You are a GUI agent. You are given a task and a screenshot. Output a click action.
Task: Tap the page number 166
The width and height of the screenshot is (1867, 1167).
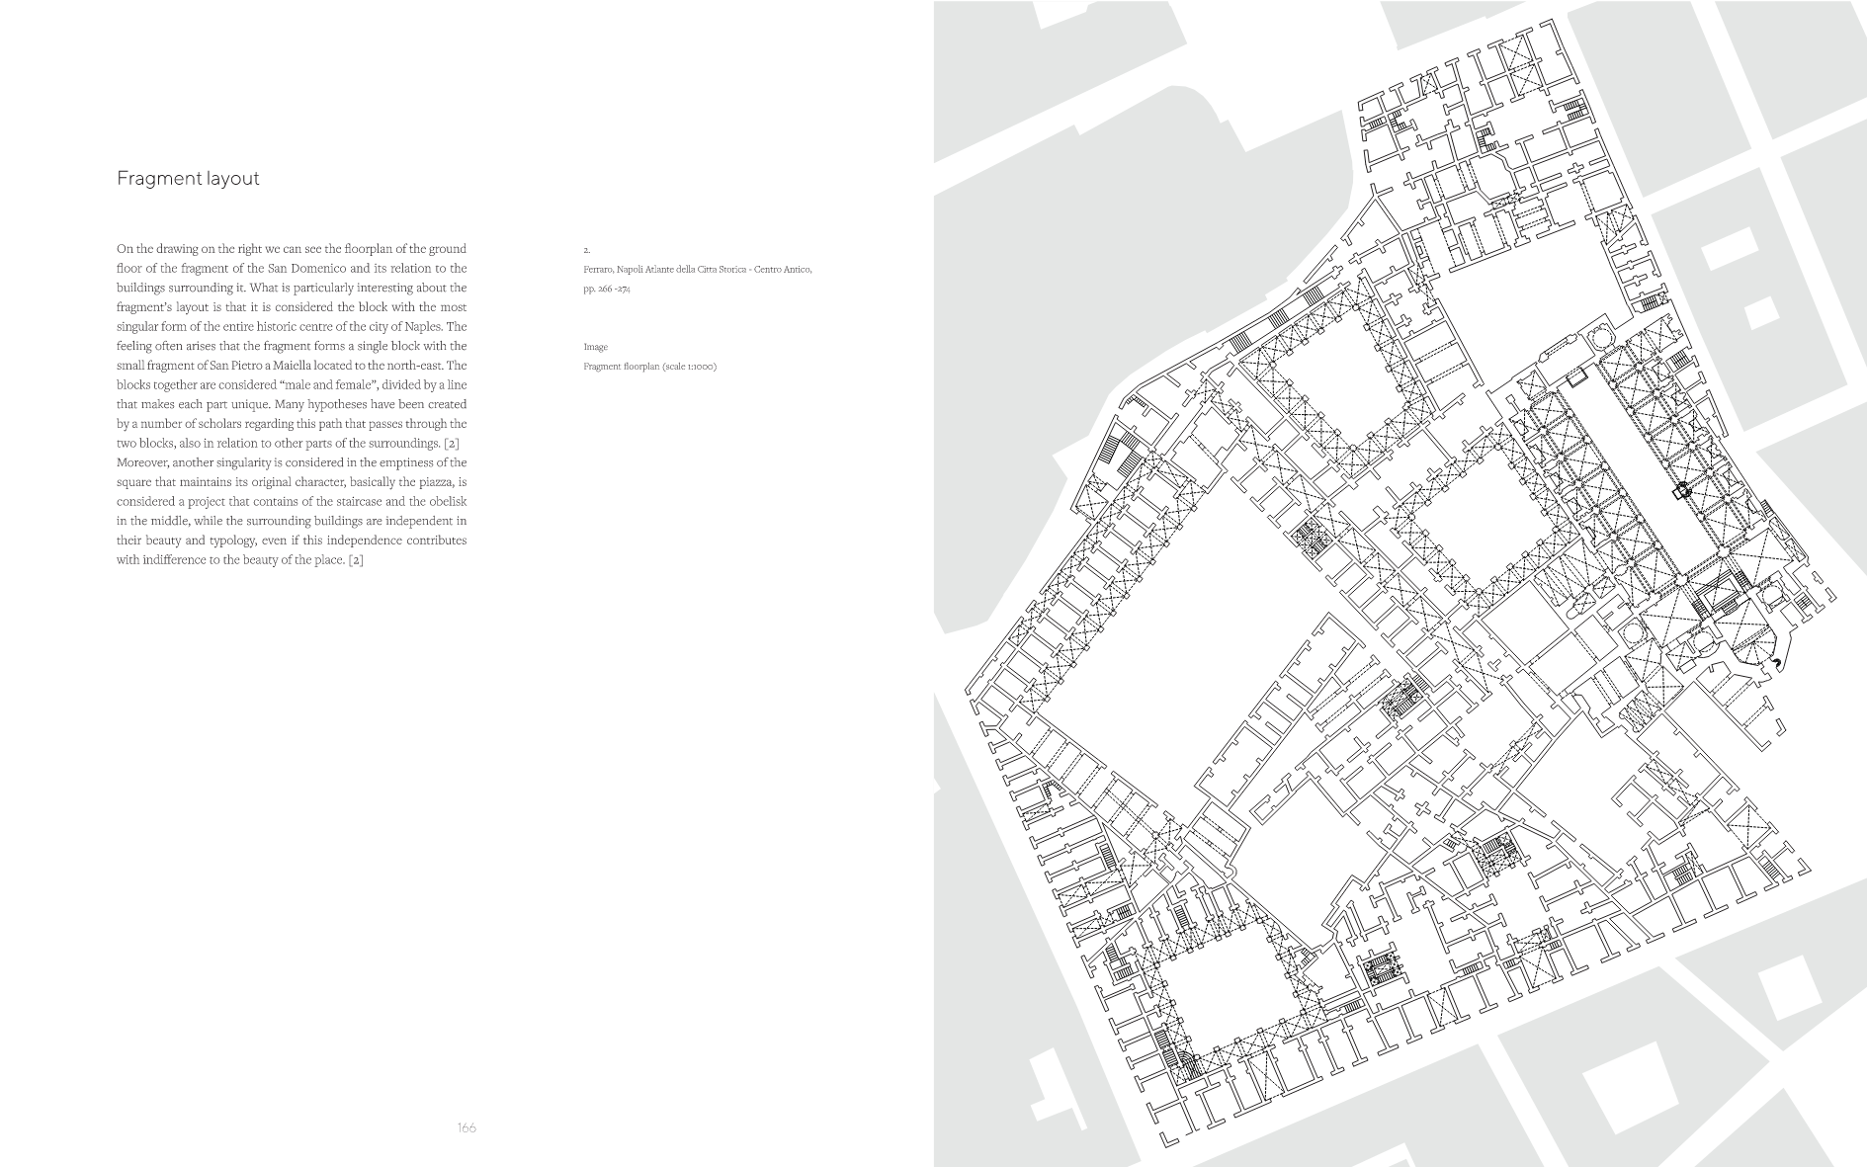click(x=467, y=1127)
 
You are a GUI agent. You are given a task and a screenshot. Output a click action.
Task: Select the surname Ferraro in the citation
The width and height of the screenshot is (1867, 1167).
click(x=598, y=270)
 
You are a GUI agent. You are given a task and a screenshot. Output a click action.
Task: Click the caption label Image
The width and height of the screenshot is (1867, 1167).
click(x=596, y=347)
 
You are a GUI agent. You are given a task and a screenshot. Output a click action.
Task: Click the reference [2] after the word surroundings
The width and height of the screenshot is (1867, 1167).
click(x=451, y=443)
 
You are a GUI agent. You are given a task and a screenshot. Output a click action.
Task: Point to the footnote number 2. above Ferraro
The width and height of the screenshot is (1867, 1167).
click(x=586, y=250)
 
